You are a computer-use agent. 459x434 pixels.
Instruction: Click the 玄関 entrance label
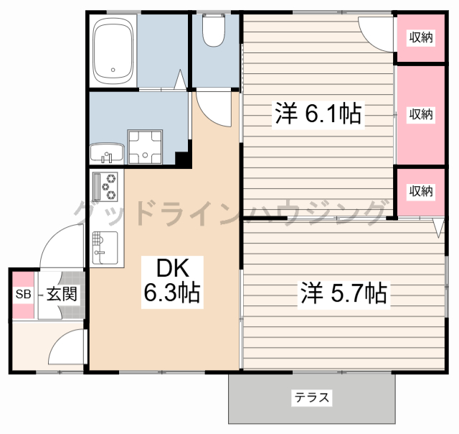click(62, 294)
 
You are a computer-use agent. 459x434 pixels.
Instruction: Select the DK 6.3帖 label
click(171, 280)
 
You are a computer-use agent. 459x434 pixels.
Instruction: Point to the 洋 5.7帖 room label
click(344, 292)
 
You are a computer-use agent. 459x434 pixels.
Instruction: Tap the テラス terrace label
click(311, 397)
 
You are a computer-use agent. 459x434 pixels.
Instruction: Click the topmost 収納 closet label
click(422, 38)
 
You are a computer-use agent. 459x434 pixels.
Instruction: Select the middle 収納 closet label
click(422, 114)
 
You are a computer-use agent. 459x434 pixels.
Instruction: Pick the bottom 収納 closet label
click(422, 190)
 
